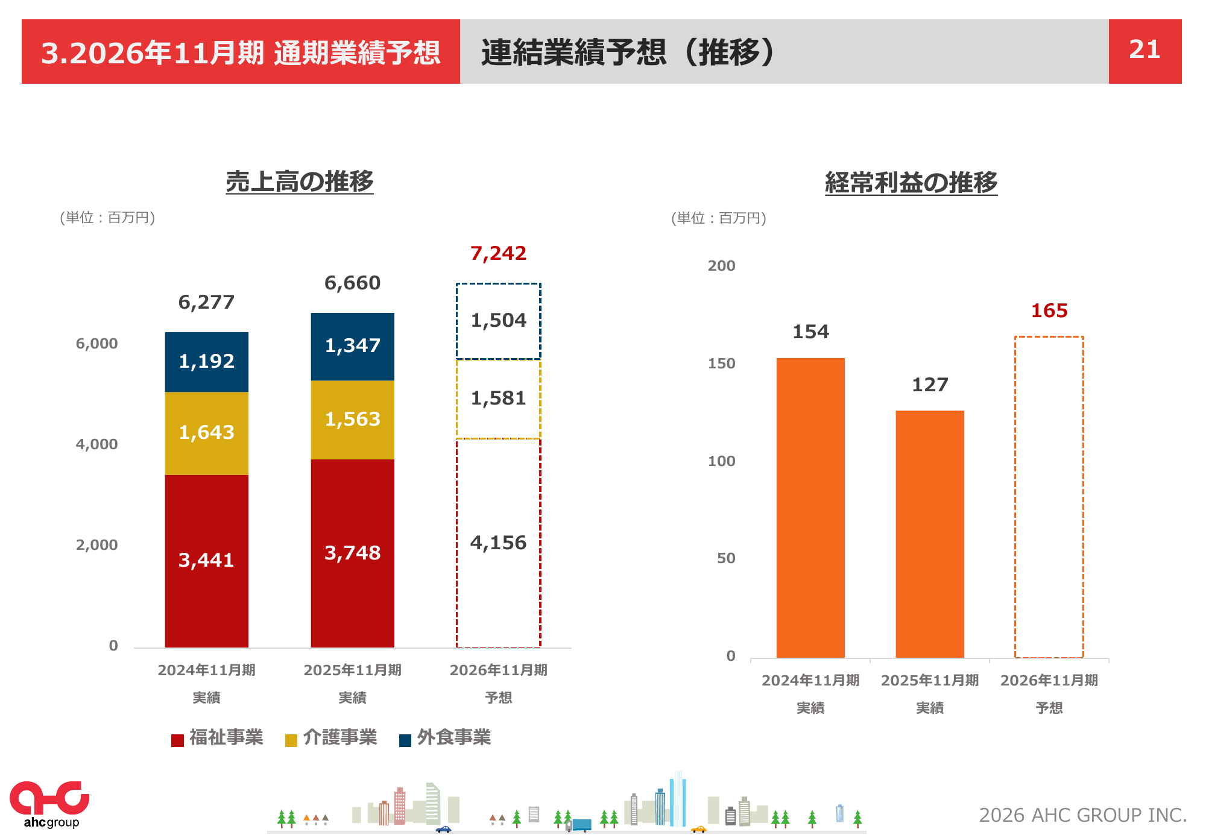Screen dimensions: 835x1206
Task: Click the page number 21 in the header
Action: point(1144,50)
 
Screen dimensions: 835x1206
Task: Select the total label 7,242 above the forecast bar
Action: point(498,253)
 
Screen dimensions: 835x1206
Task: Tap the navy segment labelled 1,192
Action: point(206,361)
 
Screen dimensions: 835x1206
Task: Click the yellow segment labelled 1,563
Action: point(352,419)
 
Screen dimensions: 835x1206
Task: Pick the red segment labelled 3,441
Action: point(206,560)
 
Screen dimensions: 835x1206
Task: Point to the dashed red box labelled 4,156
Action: point(498,543)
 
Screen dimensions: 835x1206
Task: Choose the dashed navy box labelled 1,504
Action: point(498,320)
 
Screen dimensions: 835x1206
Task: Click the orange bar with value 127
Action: point(929,534)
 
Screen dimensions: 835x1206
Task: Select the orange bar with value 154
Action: point(810,507)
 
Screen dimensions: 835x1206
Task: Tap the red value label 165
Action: point(1049,310)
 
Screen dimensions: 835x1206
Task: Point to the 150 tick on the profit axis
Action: point(721,364)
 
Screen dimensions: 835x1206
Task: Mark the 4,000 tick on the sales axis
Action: point(96,444)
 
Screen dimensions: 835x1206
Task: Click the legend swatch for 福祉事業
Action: point(177,740)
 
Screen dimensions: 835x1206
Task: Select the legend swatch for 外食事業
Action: point(405,740)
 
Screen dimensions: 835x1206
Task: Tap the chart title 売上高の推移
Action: point(300,181)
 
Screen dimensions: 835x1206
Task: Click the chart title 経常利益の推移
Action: point(911,183)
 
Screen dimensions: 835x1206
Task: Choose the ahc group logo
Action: point(50,804)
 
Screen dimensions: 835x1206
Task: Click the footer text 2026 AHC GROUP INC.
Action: point(1082,815)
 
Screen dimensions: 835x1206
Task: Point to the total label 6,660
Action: point(352,283)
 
